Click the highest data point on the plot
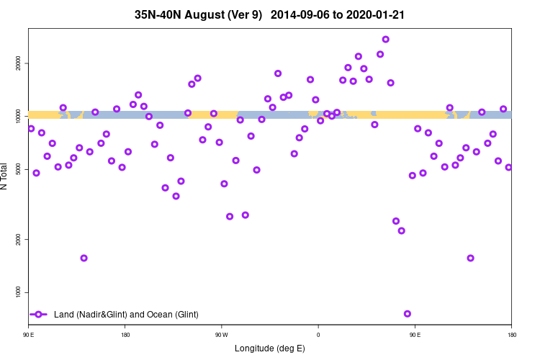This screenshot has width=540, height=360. coord(386,40)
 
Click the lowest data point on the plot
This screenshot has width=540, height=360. coord(408,314)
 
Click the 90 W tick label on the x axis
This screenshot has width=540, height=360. coord(221,335)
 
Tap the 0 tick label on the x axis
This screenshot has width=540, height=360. coord(318,335)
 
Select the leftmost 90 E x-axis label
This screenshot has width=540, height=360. coord(29,335)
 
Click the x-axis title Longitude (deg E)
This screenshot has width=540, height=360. coord(270,348)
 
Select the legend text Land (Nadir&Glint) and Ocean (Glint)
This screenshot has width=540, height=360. coord(126,315)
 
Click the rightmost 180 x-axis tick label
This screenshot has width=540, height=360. coord(511,335)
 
